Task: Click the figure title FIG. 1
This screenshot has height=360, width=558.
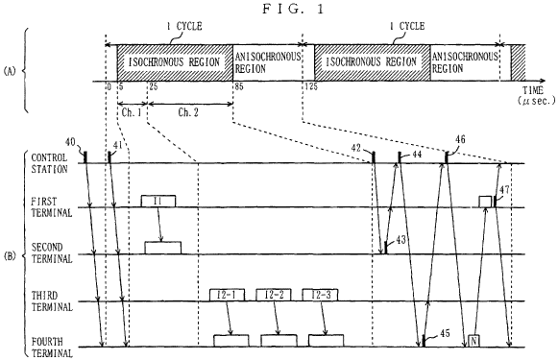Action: [294, 9]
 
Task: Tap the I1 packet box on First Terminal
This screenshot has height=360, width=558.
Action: [158, 201]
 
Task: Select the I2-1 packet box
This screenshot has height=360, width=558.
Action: [227, 295]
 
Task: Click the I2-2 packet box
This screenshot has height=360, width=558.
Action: [274, 295]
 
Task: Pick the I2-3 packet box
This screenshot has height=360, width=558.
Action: [320, 295]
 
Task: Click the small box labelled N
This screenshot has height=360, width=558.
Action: [473, 341]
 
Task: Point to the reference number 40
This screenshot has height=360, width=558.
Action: [70, 142]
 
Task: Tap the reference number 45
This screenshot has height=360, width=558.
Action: [445, 333]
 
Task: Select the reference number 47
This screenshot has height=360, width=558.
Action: [504, 189]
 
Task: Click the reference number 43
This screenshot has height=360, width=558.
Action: [400, 240]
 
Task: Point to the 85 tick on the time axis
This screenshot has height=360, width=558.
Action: [239, 86]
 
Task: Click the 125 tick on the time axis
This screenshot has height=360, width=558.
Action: [310, 86]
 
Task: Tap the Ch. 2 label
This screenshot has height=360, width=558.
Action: [188, 112]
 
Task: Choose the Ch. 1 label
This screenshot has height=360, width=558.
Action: [132, 112]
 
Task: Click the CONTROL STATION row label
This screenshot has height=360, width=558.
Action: [49, 163]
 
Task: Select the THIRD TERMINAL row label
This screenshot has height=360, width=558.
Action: [52, 300]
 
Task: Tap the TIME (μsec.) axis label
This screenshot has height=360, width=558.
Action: [536, 95]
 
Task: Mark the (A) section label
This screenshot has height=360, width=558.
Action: [10, 71]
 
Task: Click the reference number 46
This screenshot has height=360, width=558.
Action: [460, 139]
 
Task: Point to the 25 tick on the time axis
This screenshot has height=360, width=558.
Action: [154, 86]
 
